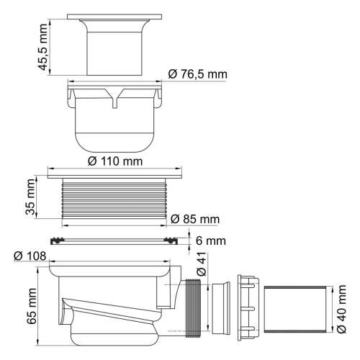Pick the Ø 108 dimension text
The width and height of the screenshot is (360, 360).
click(29, 256)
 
